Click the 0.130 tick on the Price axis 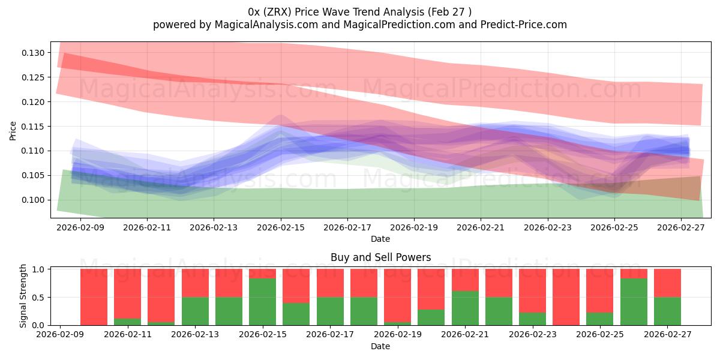click(x=34, y=53)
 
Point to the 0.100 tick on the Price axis click(x=34, y=200)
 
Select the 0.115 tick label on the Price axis click(x=34, y=127)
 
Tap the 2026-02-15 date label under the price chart click(x=281, y=229)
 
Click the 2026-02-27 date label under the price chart click(x=681, y=229)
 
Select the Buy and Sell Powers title click(x=380, y=257)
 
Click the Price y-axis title click(x=13, y=130)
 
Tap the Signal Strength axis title click(x=24, y=296)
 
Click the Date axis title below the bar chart click(x=380, y=346)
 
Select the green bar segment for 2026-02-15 click(x=262, y=302)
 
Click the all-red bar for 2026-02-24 click(x=566, y=297)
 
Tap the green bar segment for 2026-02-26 click(x=634, y=302)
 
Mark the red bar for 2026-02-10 click(x=94, y=297)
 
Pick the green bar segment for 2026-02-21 click(x=465, y=308)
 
